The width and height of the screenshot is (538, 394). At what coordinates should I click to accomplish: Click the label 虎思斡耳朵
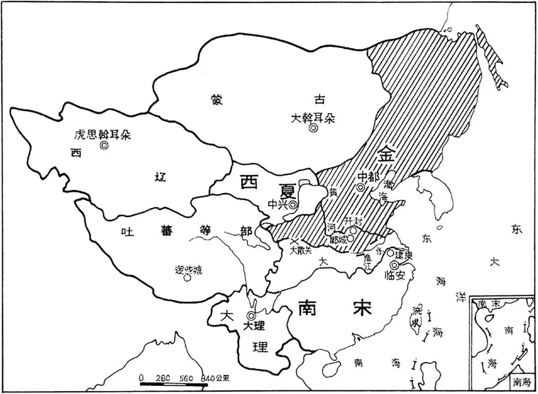pyautogui.click(x=102, y=134)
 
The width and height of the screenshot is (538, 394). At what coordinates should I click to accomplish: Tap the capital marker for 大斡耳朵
pyautogui.click(x=313, y=128)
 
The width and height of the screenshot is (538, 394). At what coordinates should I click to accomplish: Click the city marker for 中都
pyautogui.click(x=361, y=187)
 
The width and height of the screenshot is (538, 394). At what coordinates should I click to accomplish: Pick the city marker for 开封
pyautogui.click(x=353, y=230)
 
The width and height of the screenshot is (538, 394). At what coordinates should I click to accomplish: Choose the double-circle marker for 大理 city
pyautogui.click(x=251, y=315)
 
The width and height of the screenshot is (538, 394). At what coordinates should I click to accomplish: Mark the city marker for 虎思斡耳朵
pyautogui.click(x=104, y=145)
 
